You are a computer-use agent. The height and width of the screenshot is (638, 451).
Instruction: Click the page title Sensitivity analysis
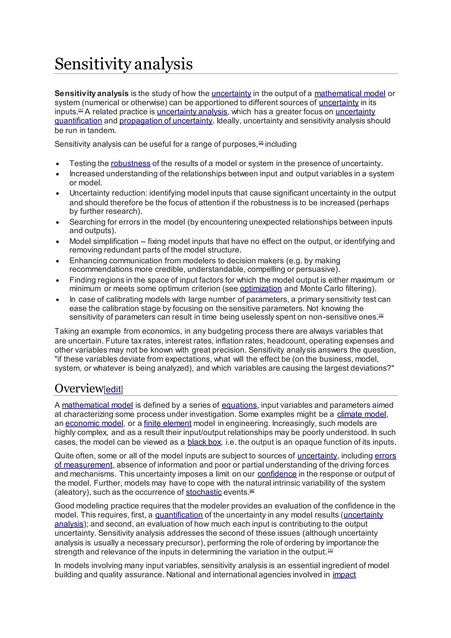pos(123,64)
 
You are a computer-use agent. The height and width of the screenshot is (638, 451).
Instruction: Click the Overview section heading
pos(79,388)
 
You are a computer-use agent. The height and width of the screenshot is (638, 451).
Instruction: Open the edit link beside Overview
pos(113,389)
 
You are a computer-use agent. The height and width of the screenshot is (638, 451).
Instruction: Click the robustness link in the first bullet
pos(131,163)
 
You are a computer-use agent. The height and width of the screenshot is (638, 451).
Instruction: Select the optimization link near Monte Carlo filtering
pos(261,289)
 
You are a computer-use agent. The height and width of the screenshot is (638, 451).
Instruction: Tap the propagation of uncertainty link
pos(166,121)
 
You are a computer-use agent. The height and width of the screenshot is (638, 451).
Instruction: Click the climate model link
pos(362,414)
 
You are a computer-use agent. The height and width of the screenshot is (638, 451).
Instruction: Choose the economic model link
pos(94,423)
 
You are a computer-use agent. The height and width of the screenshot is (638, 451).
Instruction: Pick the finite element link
pos(167,423)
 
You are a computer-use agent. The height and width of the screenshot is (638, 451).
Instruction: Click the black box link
pos(204,442)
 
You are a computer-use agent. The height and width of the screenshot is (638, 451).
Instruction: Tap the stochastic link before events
pos(203,492)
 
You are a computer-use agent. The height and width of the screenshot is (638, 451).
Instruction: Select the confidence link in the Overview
pos(277,474)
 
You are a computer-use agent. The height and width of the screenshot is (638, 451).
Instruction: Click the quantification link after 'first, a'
pos(179,515)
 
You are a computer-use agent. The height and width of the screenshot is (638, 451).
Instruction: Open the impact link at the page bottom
pos(344,575)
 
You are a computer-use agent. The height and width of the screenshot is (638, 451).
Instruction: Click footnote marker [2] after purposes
pos(261,143)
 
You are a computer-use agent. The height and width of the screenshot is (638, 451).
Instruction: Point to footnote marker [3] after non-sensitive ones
pos(381,315)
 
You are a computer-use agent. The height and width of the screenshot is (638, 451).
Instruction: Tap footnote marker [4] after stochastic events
pos(252,491)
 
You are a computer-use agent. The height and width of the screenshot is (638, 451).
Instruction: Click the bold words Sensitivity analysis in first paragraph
pos(91,93)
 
